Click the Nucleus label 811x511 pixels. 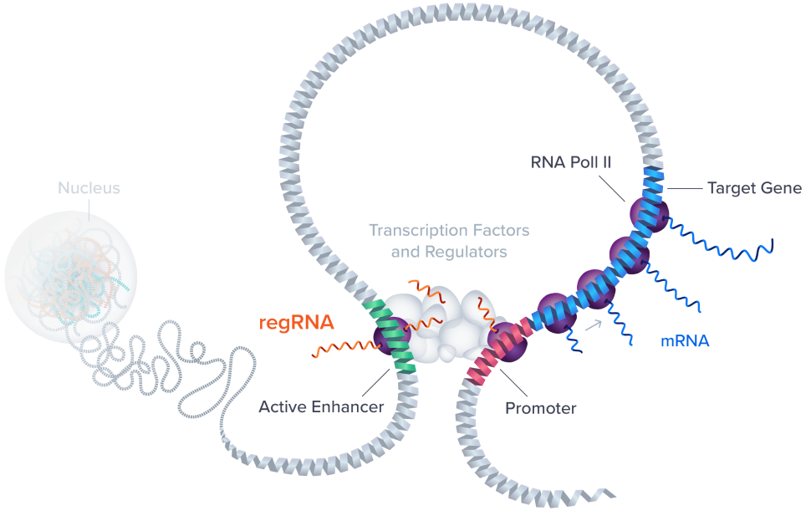(x=89, y=188)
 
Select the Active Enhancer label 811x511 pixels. (x=321, y=408)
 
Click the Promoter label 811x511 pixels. (x=541, y=409)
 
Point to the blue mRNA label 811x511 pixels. (x=686, y=340)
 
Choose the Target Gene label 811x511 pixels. (x=754, y=188)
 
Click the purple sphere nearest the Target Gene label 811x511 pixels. (x=649, y=214)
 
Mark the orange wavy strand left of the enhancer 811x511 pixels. (x=339, y=348)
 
